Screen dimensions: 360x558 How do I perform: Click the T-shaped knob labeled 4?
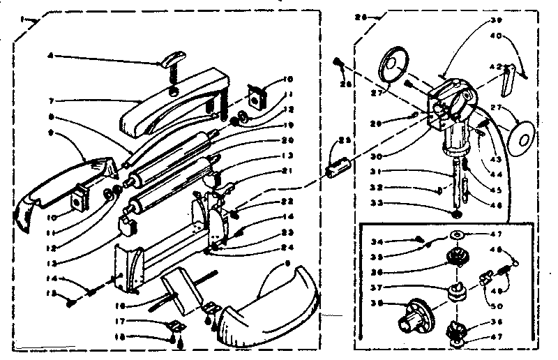171,63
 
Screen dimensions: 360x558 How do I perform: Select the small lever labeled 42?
508,78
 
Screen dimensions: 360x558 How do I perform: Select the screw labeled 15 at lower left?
73,301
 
